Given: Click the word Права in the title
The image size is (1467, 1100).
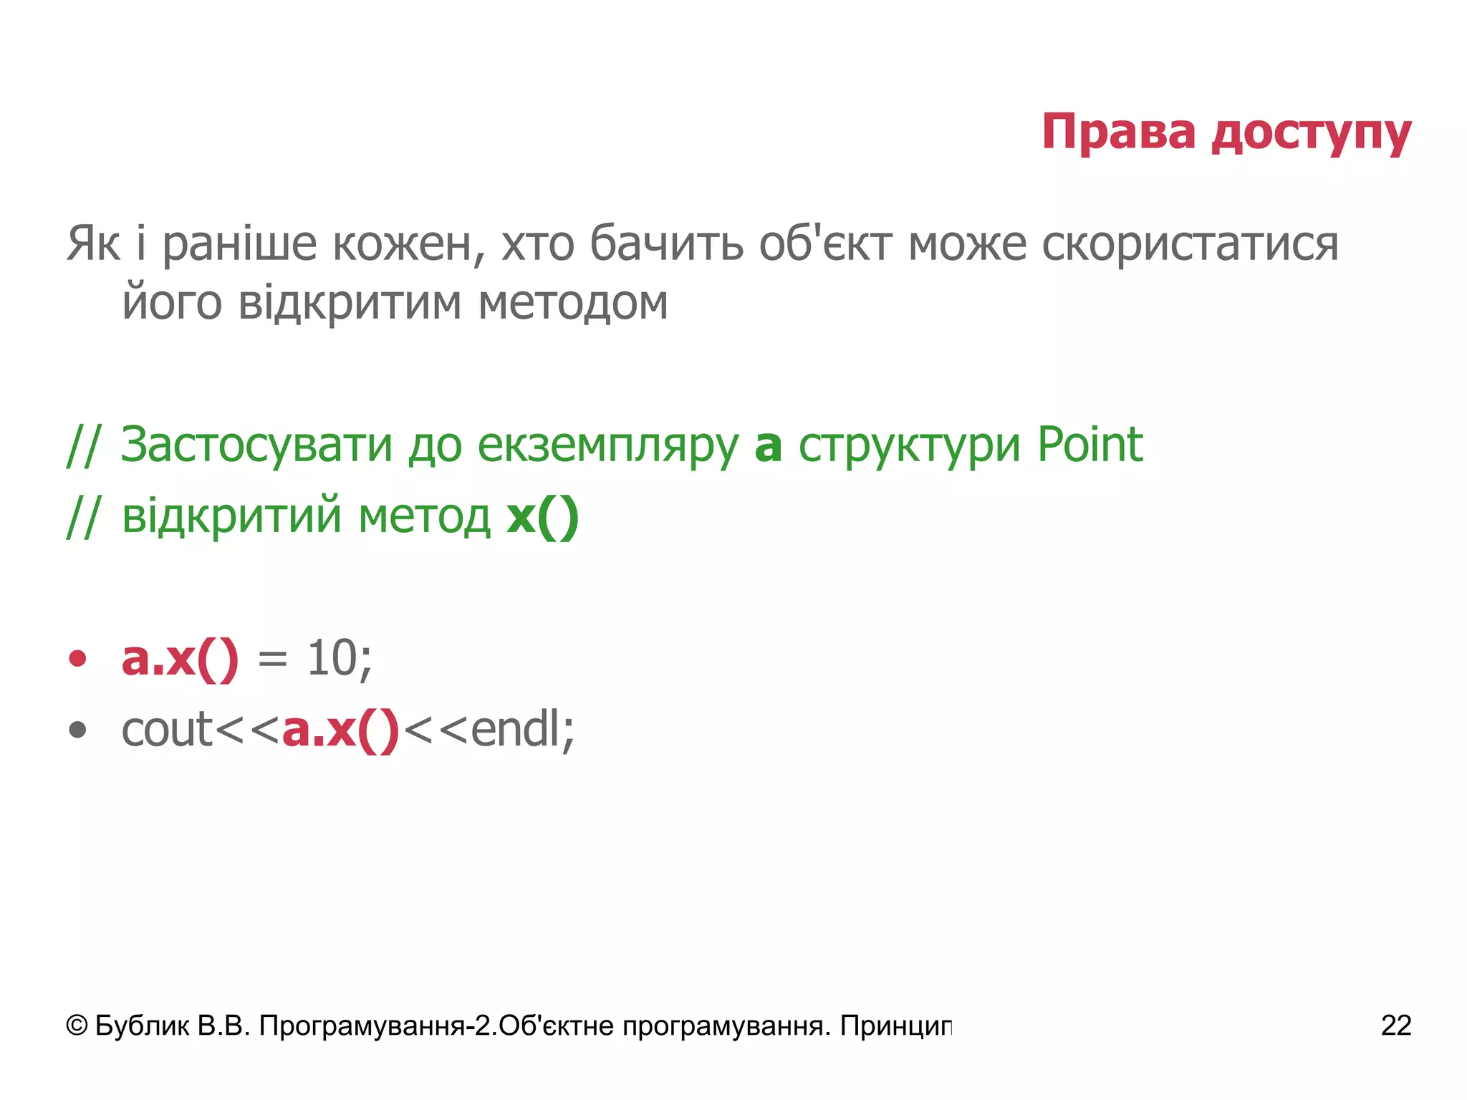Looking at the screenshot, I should coord(1118,132).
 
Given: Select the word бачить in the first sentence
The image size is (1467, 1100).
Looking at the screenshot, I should coord(666,243).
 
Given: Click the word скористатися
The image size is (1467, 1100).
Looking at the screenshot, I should coord(1190,244).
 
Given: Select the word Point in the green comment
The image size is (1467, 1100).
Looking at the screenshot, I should coord(1090,444).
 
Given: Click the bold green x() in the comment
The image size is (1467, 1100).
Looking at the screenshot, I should coord(542,516).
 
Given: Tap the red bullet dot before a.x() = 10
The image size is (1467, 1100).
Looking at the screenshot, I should coord(77,659).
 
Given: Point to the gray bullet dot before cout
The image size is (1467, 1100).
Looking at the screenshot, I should coord(77,730).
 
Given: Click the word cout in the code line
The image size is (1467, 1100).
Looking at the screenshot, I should coord(168,730).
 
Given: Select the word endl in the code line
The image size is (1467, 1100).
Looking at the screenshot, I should coord(515,730).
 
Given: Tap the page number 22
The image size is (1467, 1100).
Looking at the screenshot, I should coord(1395,1026).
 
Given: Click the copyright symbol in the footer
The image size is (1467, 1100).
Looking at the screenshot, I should coord(77,1026).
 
